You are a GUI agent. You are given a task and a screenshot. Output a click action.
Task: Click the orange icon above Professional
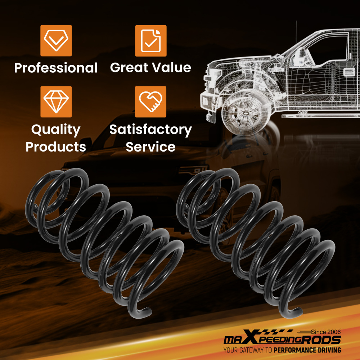[x=56, y=41]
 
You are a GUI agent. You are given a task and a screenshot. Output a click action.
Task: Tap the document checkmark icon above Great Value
[x=151, y=41]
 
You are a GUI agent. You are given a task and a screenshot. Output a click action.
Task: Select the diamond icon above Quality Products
[x=56, y=102]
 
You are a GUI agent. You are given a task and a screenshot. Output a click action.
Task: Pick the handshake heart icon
[x=150, y=102]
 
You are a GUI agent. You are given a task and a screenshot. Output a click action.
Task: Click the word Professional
[x=56, y=68]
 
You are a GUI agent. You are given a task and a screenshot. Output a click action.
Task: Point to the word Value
[x=171, y=67]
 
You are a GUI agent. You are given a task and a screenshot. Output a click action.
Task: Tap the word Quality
[x=56, y=130]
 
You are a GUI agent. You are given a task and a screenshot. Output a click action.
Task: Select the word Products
[x=56, y=147]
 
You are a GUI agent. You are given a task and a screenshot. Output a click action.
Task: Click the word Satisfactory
[x=150, y=130]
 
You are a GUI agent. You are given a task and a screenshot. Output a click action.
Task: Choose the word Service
[x=150, y=147]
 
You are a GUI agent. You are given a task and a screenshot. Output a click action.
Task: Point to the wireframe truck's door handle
[x=349, y=72]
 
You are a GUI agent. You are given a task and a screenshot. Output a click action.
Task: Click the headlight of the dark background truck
[x=192, y=170]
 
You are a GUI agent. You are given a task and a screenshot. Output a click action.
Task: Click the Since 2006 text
[x=326, y=332]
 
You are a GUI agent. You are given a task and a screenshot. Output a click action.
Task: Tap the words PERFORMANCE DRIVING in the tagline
[x=307, y=350]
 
